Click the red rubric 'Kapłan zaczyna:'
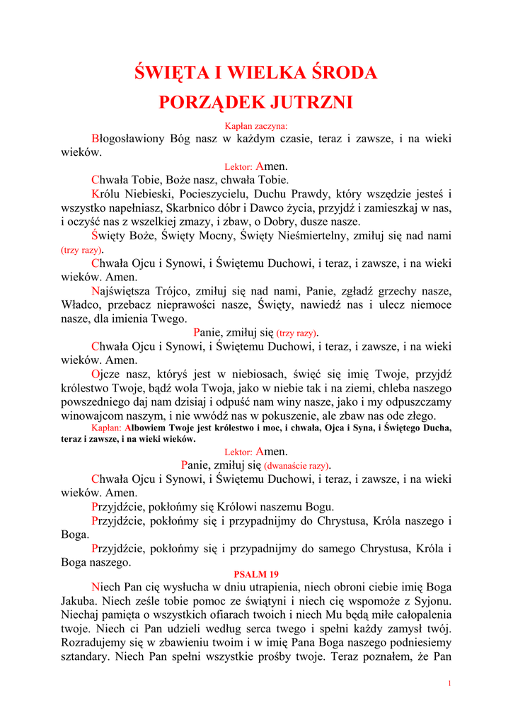tap(256, 125)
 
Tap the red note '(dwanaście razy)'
tap(296, 466)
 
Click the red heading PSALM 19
tap(255, 573)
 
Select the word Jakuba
tap(79, 600)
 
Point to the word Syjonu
tap(430, 600)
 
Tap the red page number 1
tap(449, 683)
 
